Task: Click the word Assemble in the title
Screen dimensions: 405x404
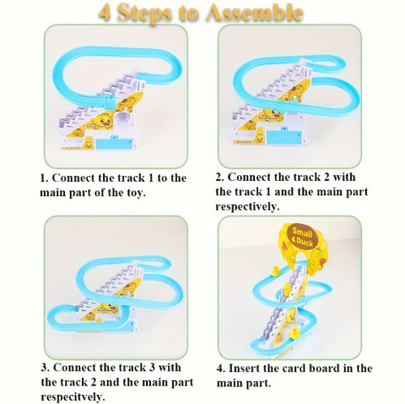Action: (255, 13)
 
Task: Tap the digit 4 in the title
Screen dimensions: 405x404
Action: (105, 13)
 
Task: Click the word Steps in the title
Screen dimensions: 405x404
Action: (144, 14)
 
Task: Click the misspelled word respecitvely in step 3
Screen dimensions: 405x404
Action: (73, 397)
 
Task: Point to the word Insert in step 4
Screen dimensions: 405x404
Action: (246, 369)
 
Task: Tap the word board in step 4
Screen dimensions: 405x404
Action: (322, 369)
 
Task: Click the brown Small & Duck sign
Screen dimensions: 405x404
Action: (303, 236)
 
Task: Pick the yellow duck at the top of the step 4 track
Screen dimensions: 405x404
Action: (275, 271)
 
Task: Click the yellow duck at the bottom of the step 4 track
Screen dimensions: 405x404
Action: (295, 333)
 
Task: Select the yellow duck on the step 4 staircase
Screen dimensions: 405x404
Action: (287, 289)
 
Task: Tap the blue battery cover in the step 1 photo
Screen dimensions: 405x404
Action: (114, 143)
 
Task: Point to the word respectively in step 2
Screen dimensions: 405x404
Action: (248, 207)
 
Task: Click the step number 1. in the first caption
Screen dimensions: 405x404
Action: (45, 178)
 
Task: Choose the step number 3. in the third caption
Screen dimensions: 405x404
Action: (46, 368)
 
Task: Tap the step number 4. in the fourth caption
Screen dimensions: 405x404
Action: (221, 369)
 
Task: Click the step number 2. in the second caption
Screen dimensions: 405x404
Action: (220, 177)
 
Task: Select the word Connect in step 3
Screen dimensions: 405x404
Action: (74, 368)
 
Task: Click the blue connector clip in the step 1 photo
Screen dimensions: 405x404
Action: (110, 101)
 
